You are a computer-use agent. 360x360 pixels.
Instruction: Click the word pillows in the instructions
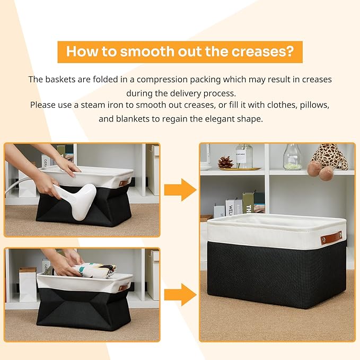point(314,105)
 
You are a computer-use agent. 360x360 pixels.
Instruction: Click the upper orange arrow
point(180,190)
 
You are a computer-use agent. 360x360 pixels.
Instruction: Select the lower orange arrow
point(180,295)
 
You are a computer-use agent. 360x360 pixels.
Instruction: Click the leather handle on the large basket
point(331,238)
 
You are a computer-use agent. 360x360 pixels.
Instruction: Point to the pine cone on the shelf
point(225,162)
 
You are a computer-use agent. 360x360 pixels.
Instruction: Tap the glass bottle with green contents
point(292,157)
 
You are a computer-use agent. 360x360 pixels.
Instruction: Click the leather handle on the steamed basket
point(124,183)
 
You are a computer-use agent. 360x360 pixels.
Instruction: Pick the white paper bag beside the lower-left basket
point(28,284)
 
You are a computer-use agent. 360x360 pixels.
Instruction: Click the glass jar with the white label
point(244,156)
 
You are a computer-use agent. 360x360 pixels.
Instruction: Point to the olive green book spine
point(248,203)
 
